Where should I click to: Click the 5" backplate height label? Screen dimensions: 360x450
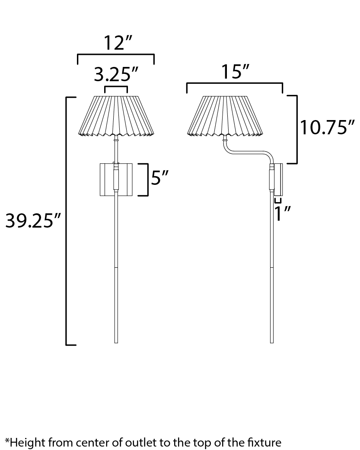point(159,178)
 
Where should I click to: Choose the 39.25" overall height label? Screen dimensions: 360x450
point(33,221)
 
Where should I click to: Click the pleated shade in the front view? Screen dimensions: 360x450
point(116,116)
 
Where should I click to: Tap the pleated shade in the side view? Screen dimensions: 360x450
point(225,116)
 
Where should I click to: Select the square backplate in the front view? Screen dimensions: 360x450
point(116,180)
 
